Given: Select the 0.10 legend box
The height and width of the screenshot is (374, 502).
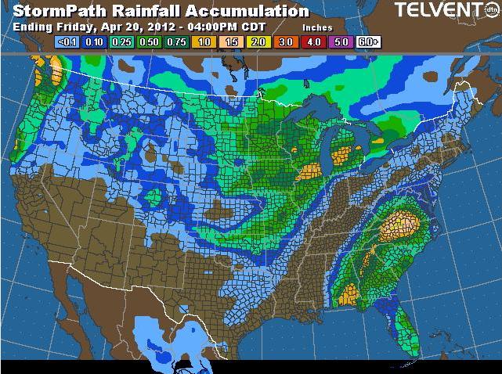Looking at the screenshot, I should [96, 41].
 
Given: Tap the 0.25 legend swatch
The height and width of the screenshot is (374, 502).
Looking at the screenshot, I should [121, 41].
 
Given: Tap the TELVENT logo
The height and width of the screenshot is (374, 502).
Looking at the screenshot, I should [439, 11].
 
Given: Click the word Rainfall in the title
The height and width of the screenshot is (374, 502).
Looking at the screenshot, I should [144, 11].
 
